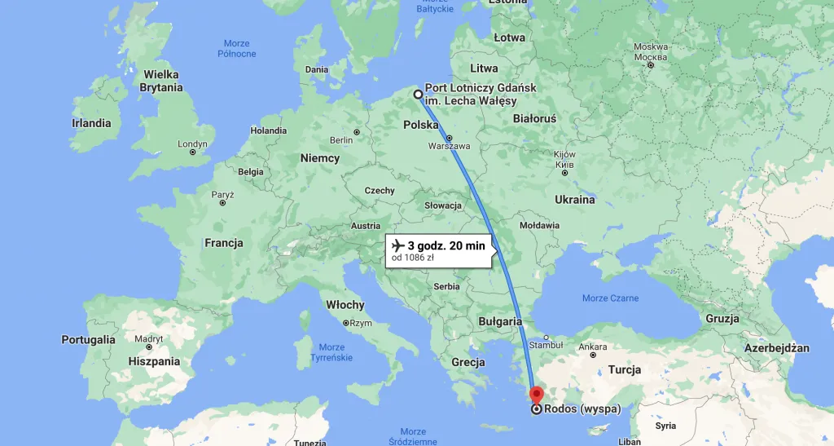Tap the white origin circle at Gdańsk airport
(419, 94)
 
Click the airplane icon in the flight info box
(398, 245)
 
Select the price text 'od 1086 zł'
(412, 258)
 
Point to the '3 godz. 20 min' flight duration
(446, 245)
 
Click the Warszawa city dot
(449, 137)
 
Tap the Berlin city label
(341, 140)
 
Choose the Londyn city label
(192, 144)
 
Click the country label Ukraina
(574, 200)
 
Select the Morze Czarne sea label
(611, 298)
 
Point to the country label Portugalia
(88, 339)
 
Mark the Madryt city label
(148, 338)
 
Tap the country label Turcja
(625, 369)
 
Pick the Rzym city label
(359, 323)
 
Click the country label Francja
(224, 243)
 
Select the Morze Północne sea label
(237, 48)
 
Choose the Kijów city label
(564, 155)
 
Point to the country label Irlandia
(91, 124)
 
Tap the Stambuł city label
(546, 346)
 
